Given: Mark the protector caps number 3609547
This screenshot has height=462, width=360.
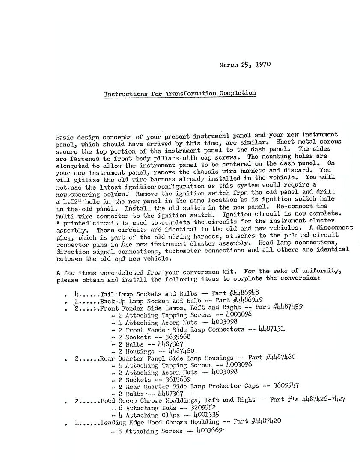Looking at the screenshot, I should (x=286, y=386).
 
